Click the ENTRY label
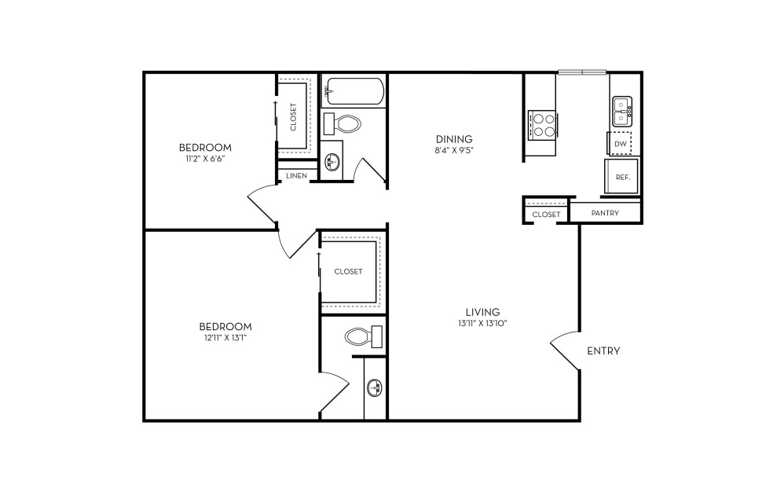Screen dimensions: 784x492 (603, 351)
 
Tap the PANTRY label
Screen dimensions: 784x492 (605, 213)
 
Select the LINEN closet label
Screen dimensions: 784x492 (296, 176)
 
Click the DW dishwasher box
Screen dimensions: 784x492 (620, 144)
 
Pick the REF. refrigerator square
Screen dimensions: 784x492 (621, 177)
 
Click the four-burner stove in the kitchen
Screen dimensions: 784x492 (543, 125)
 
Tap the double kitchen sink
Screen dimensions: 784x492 (622, 112)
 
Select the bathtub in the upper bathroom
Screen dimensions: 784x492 (353, 91)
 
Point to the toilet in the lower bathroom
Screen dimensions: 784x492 (364, 336)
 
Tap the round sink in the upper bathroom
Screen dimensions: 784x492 (331, 161)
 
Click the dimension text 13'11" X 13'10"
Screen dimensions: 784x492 (482, 324)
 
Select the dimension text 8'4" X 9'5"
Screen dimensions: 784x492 (453, 149)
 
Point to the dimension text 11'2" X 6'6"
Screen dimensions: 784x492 (205, 159)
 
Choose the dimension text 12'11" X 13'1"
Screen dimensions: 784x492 (225, 337)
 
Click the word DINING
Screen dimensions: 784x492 (454, 139)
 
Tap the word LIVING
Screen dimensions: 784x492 (482, 313)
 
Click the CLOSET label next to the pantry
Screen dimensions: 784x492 (546, 215)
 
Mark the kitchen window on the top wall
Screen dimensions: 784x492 (582, 72)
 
